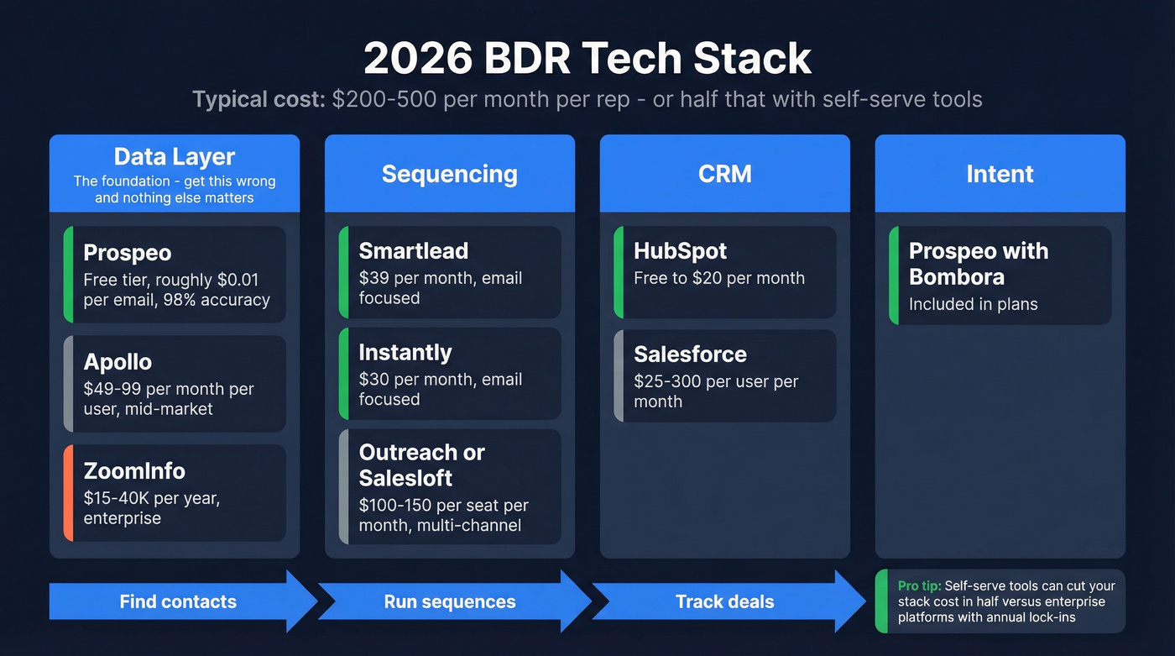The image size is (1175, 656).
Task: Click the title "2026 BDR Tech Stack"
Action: tap(587, 59)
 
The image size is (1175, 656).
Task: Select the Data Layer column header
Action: tap(175, 173)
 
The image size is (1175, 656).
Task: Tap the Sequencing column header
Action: tap(450, 174)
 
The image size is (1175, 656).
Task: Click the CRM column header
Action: tap(725, 174)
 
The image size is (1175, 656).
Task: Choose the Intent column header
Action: tap(1000, 174)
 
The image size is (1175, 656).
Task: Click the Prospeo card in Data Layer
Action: tap(175, 275)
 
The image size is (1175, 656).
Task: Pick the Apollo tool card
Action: tap(175, 384)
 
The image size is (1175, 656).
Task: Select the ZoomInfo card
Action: tap(175, 493)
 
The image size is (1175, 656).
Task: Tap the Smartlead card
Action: tap(450, 272)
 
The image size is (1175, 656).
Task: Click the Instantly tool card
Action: tap(450, 374)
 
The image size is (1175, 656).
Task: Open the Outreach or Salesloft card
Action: tap(450, 487)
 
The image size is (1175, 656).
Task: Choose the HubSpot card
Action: tap(725, 272)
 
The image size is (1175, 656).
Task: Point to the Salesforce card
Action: tap(725, 375)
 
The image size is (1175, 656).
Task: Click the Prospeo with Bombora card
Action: tap(1000, 276)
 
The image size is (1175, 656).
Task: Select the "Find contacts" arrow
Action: tap(178, 601)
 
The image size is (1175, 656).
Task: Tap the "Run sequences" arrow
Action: tap(450, 601)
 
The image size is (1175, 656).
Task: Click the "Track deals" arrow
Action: tap(725, 601)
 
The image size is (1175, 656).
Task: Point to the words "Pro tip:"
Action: tap(919, 586)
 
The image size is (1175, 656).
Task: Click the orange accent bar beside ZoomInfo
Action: tap(67, 493)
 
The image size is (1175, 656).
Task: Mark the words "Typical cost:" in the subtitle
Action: tap(258, 99)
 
